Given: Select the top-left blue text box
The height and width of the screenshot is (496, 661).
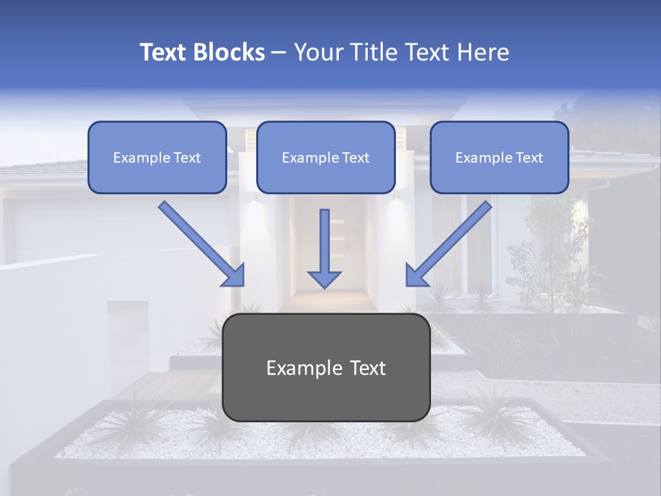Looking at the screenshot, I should (x=157, y=157).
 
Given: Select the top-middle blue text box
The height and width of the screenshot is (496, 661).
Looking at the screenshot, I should (x=326, y=157).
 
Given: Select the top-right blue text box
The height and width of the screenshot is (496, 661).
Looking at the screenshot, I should (x=499, y=157).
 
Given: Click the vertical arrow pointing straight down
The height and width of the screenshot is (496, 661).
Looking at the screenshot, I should (x=324, y=241).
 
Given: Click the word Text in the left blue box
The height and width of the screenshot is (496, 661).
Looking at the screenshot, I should (x=187, y=158).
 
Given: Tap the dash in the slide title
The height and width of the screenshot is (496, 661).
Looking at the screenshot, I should (x=279, y=53).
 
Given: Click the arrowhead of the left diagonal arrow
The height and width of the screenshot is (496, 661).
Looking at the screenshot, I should (x=234, y=276).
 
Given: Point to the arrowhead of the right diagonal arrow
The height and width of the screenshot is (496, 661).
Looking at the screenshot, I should (x=416, y=276).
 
